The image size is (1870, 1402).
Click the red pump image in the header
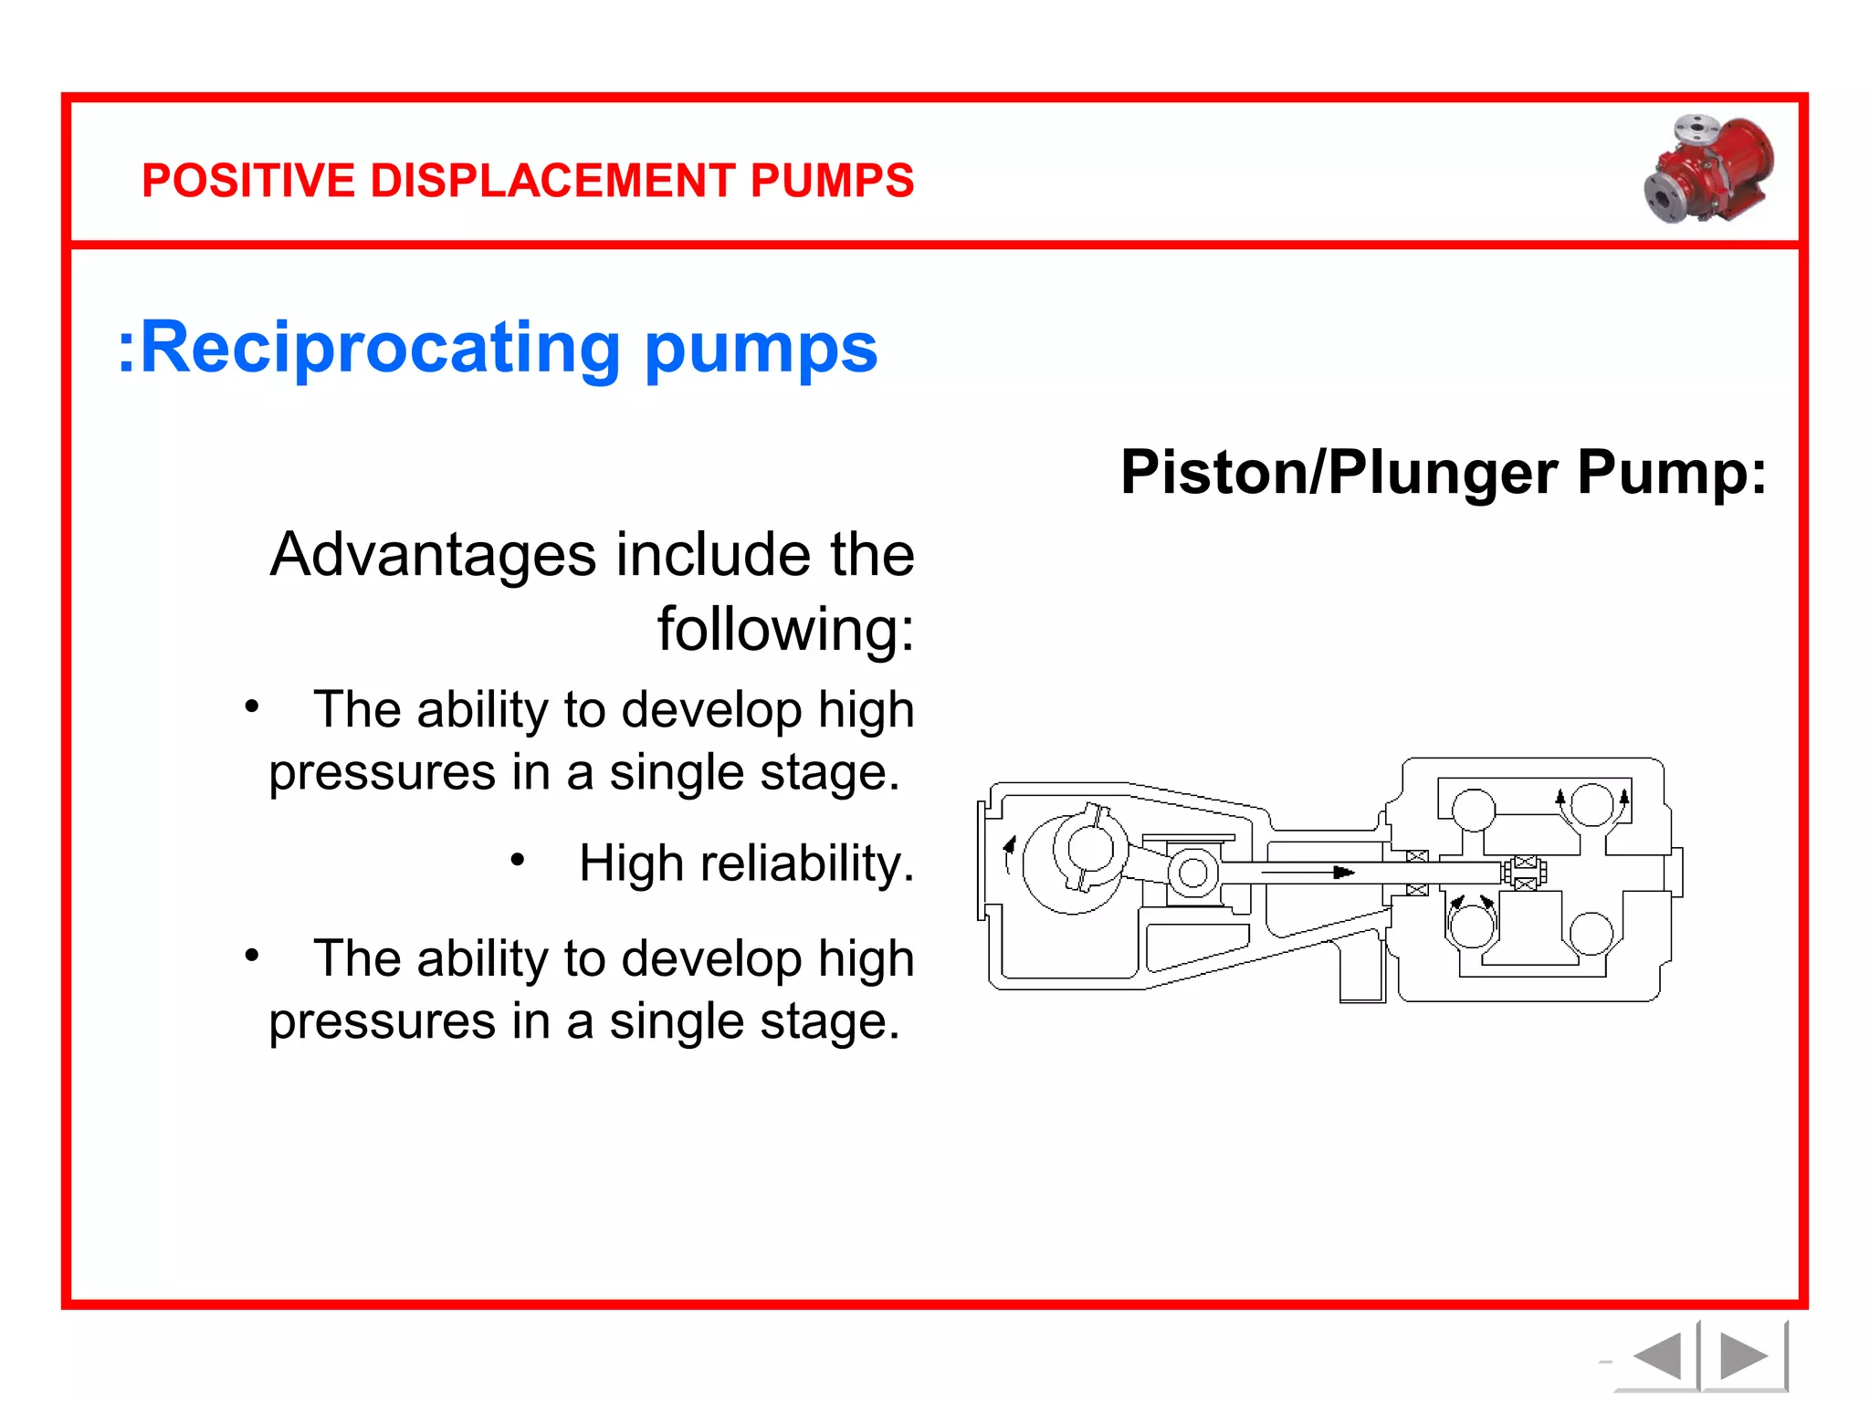(1708, 169)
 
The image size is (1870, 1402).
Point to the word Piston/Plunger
(1339, 474)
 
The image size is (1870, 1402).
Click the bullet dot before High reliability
(518, 860)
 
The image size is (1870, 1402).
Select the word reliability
(807, 863)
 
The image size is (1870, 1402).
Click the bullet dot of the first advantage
(252, 706)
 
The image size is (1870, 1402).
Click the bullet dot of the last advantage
(252, 956)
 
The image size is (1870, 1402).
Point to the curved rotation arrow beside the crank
(1009, 854)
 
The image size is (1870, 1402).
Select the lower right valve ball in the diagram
(1592, 934)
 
